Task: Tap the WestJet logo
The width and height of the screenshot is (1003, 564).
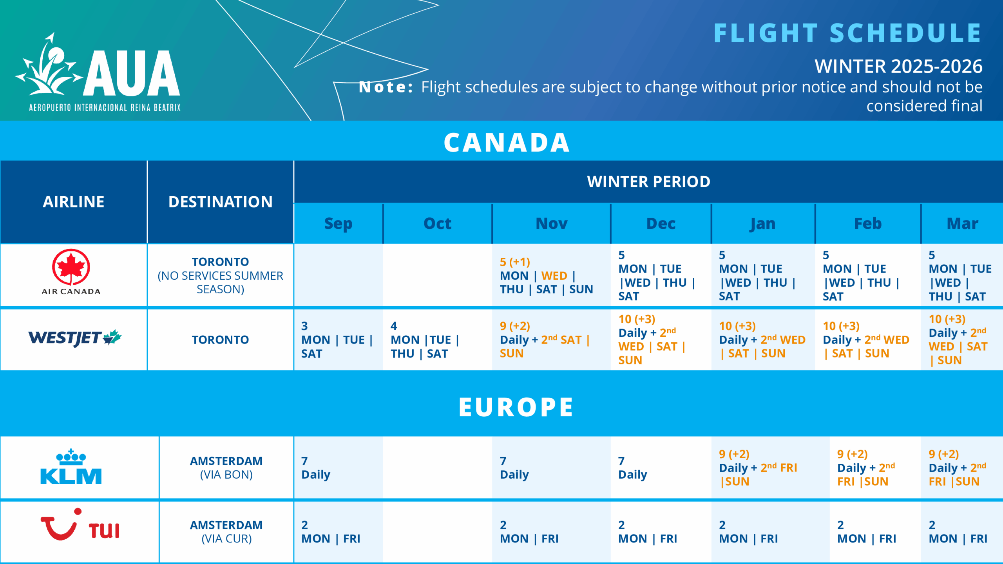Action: click(74, 338)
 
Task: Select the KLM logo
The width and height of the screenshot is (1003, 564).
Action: click(71, 467)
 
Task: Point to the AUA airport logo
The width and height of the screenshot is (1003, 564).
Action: click(98, 72)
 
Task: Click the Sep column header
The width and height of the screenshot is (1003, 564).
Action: click(338, 224)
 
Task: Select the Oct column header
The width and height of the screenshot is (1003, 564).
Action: click(437, 224)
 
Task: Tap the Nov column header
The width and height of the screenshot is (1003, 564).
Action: click(551, 224)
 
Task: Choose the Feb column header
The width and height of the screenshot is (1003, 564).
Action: click(868, 224)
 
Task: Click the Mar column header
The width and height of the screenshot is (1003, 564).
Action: click(962, 224)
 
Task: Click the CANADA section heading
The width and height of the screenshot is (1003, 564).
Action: click(507, 142)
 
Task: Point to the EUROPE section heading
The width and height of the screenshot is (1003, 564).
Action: click(516, 407)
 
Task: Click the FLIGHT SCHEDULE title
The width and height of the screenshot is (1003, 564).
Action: click(847, 33)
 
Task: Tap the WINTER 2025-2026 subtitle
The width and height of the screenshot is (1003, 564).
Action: click(898, 66)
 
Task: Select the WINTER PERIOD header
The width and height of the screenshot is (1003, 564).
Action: click(648, 182)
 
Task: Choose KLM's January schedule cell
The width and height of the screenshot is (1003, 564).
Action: click(762, 468)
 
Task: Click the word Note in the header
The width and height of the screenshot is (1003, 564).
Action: click(386, 87)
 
